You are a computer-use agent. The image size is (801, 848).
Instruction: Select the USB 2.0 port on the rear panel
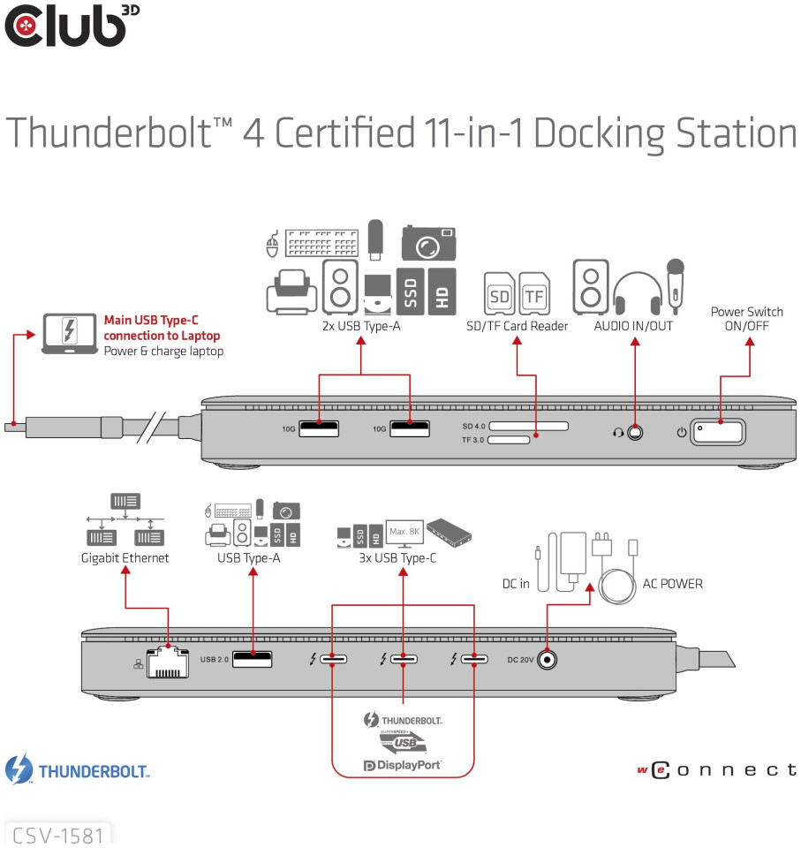pos(252,659)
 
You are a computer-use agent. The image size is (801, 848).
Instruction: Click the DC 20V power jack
pos(548,659)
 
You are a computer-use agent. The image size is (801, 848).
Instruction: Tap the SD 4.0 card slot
pos(528,426)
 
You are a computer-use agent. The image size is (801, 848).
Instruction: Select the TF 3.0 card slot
pos(508,439)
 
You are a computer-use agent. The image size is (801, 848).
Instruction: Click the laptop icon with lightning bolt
pos(70,332)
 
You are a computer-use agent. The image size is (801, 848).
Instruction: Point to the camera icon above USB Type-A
pos(429,242)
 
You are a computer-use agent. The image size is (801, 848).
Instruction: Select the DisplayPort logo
pos(402,765)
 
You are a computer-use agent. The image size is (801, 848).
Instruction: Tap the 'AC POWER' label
pos(672,584)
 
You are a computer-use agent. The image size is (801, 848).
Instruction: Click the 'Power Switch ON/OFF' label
pos(746,319)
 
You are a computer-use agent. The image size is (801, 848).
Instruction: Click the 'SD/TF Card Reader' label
pos(517,327)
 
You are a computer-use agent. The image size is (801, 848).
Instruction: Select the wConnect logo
pos(715,770)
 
